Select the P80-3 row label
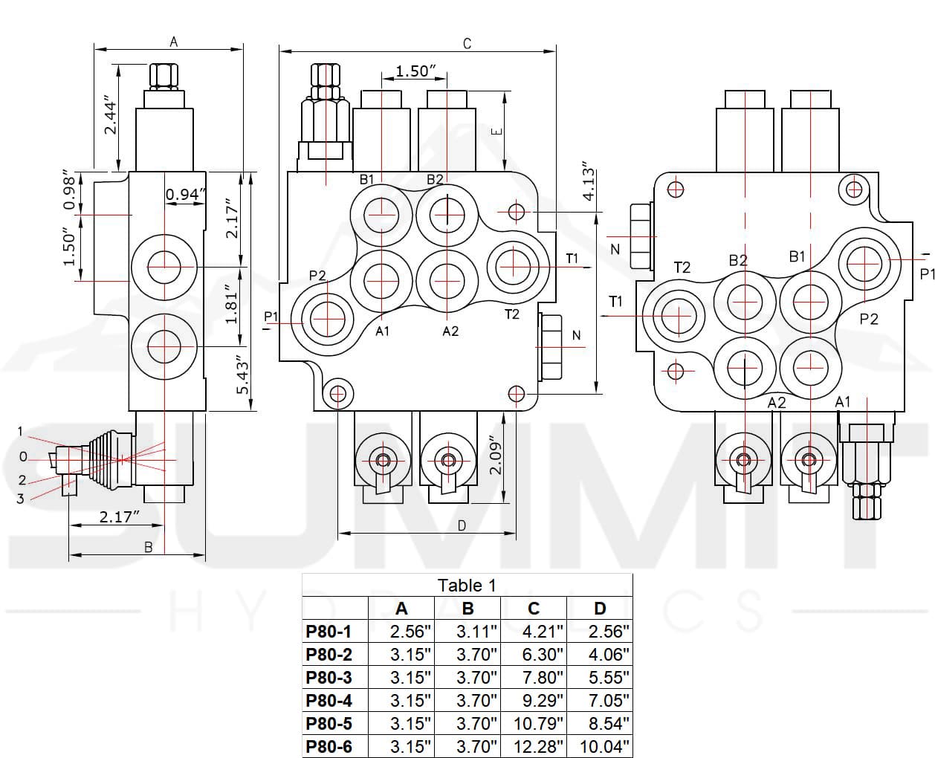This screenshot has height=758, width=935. click(329, 678)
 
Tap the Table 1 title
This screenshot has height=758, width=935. click(467, 586)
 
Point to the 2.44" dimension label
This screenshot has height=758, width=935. click(110, 114)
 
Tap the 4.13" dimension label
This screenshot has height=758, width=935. click(589, 181)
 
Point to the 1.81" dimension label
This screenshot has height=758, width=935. click(232, 302)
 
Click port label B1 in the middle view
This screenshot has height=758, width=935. click(367, 179)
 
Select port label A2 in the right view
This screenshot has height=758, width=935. click(777, 402)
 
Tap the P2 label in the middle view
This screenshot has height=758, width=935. click(317, 276)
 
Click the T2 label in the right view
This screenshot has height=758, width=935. click(682, 268)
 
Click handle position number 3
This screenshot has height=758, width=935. click(21, 499)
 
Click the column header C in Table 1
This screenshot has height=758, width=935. click(534, 609)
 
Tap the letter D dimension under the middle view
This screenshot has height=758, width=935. click(462, 525)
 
